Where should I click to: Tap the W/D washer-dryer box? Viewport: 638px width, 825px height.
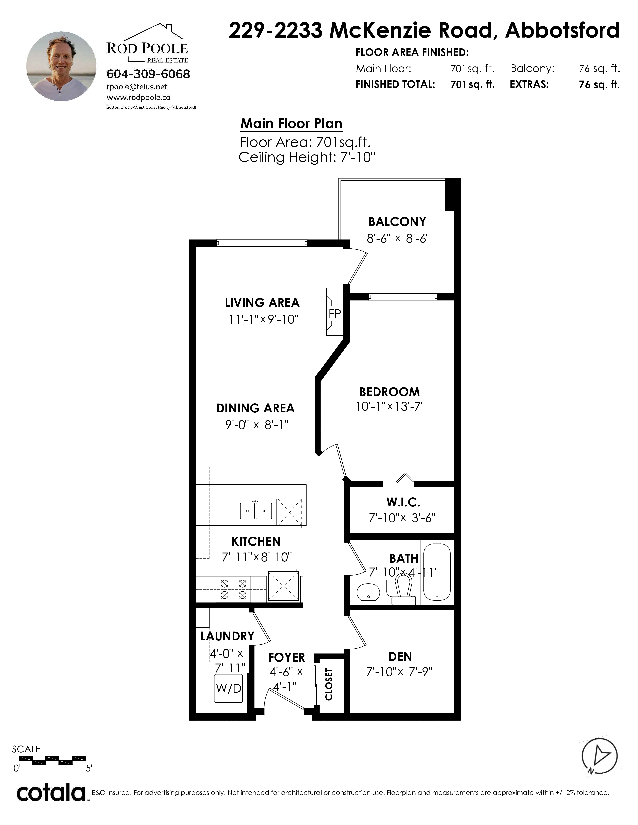229,688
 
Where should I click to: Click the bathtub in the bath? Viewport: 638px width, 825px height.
437,573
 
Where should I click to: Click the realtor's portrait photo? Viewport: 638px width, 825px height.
61,66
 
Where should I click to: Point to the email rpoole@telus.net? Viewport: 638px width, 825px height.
137,87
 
